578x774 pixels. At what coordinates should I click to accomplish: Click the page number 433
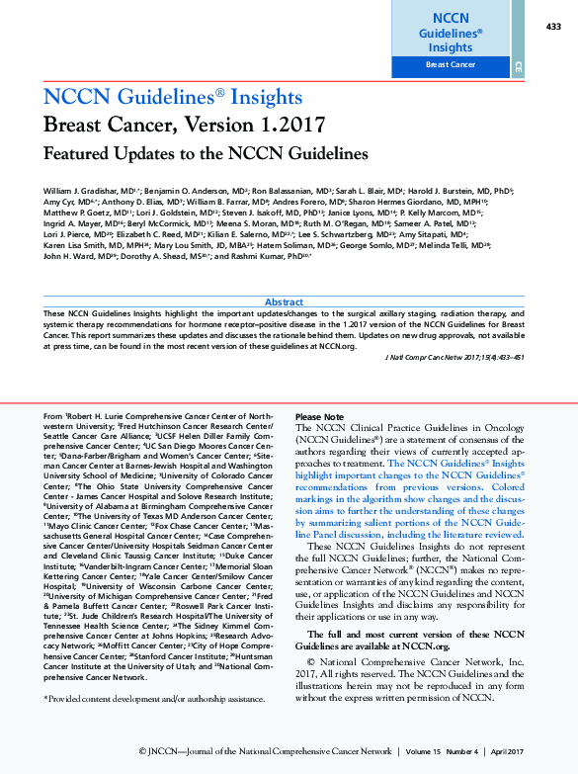pyautogui.click(x=552, y=26)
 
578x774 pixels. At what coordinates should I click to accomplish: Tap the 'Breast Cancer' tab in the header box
pyautogui.click(x=450, y=65)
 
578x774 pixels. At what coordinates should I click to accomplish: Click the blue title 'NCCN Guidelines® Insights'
pyautogui.click(x=173, y=97)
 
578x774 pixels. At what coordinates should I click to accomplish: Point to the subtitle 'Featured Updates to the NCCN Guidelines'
pyautogui.click(x=206, y=153)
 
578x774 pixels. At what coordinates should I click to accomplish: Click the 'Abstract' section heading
pyautogui.click(x=285, y=301)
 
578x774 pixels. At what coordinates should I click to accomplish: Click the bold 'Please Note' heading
pyautogui.click(x=320, y=417)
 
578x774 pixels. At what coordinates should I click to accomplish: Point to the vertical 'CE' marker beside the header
pyautogui.click(x=519, y=66)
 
